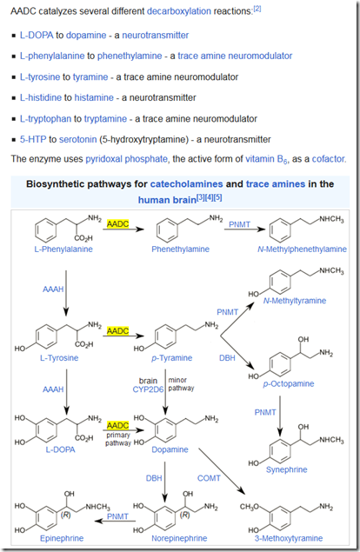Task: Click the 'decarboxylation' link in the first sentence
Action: tap(179, 11)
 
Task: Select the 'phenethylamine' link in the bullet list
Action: tap(130, 56)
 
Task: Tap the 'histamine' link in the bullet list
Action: tap(94, 97)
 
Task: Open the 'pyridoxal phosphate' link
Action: tap(126, 159)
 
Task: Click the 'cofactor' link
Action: tap(329, 159)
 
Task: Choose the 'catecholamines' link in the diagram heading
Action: tap(187, 184)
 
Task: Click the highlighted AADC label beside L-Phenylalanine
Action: tap(118, 224)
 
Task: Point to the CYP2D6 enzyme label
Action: tap(148, 389)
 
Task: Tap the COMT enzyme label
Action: tap(209, 478)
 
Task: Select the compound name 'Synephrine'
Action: tap(287, 469)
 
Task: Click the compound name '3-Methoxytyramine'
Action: tap(289, 538)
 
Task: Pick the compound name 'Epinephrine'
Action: tap(62, 538)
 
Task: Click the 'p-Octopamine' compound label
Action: tap(289, 383)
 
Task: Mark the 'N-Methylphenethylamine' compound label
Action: tap(303, 249)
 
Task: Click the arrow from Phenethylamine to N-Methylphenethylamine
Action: tap(244, 229)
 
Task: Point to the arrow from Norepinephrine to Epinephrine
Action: tap(116, 521)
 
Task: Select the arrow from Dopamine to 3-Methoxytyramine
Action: tap(222, 471)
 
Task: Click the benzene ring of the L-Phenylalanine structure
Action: tap(46, 229)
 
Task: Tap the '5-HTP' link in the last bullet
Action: tap(33, 139)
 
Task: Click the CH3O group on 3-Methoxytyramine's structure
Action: tap(250, 507)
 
